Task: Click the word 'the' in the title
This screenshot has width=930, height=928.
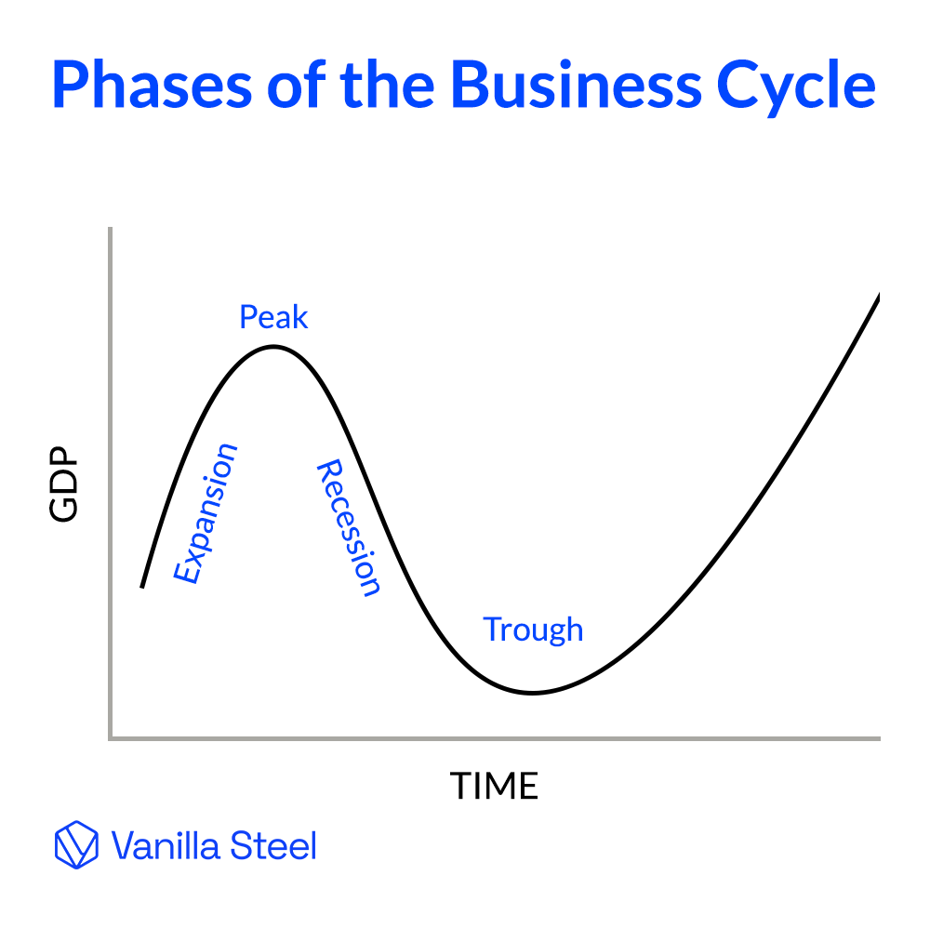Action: [x=392, y=86]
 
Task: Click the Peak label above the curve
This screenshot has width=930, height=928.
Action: [x=273, y=318]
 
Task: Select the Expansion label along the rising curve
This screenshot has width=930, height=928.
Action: [x=206, y=513]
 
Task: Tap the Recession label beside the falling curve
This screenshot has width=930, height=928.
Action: [x=349, y=527]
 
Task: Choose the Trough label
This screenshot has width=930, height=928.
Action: [x=533, y=630]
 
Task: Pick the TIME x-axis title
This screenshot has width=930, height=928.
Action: [x=495, y=787]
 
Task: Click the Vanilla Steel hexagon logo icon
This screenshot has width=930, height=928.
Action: [x=76, y=845]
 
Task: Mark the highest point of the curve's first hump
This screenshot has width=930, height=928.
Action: [x=272, y=347]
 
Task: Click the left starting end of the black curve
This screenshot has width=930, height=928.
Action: [x=142, y=587]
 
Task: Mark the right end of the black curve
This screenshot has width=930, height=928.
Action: [x=879, y=295]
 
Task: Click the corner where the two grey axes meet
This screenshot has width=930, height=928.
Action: [x=111, y=738]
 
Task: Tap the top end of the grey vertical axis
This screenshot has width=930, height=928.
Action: [x=111, y=228]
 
